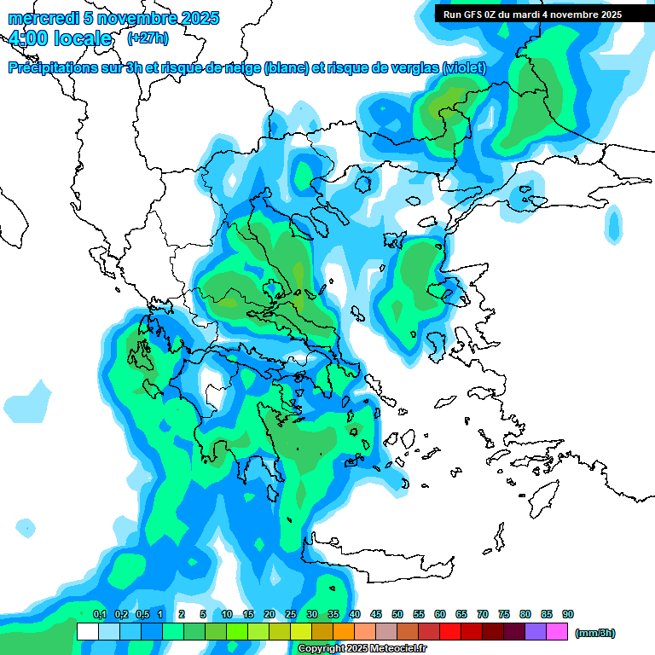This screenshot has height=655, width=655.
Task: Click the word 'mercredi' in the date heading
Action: (38, 18)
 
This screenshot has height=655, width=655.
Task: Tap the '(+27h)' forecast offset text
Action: (148, 38)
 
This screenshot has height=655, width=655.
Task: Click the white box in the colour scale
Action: (87, 631)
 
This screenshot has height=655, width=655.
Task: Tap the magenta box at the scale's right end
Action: (557, 631)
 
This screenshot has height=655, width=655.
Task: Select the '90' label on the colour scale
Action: (567, 614)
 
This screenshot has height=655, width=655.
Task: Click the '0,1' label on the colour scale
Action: (99, 614)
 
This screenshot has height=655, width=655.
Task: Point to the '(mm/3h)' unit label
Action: (594, 632)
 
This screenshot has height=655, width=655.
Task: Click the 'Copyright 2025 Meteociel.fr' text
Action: (362, 648)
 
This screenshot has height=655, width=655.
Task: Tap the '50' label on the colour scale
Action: (397, 614)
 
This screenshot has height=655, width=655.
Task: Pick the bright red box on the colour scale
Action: (450, 631)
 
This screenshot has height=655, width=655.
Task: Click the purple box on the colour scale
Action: (536, 631)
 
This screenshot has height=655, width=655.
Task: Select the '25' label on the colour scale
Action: (291, 614)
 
